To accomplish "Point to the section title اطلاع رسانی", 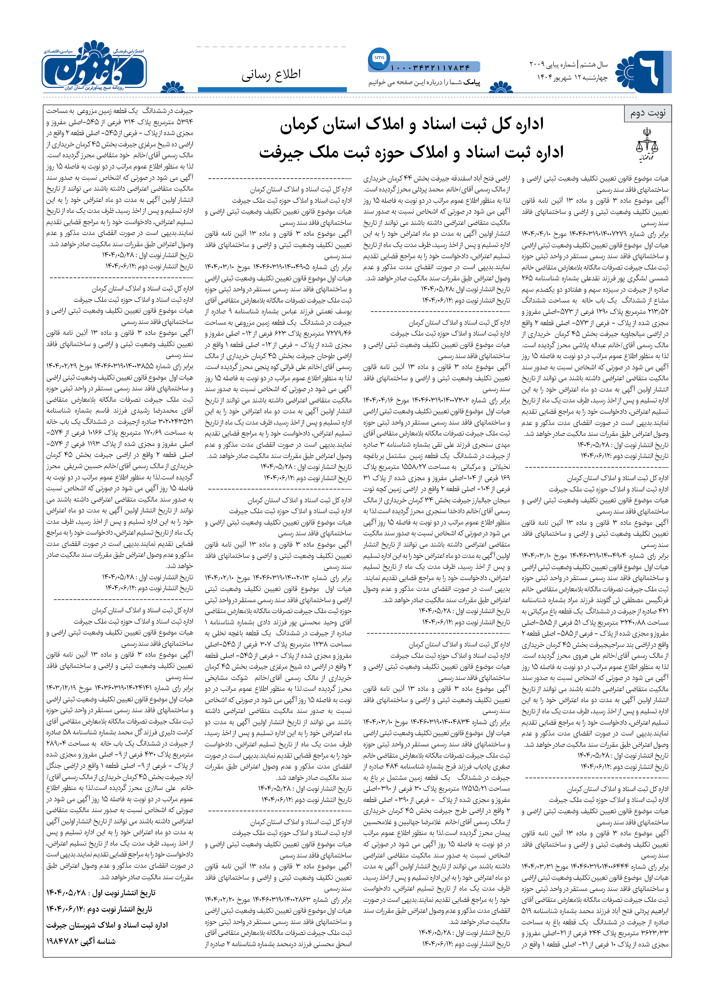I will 271,74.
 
